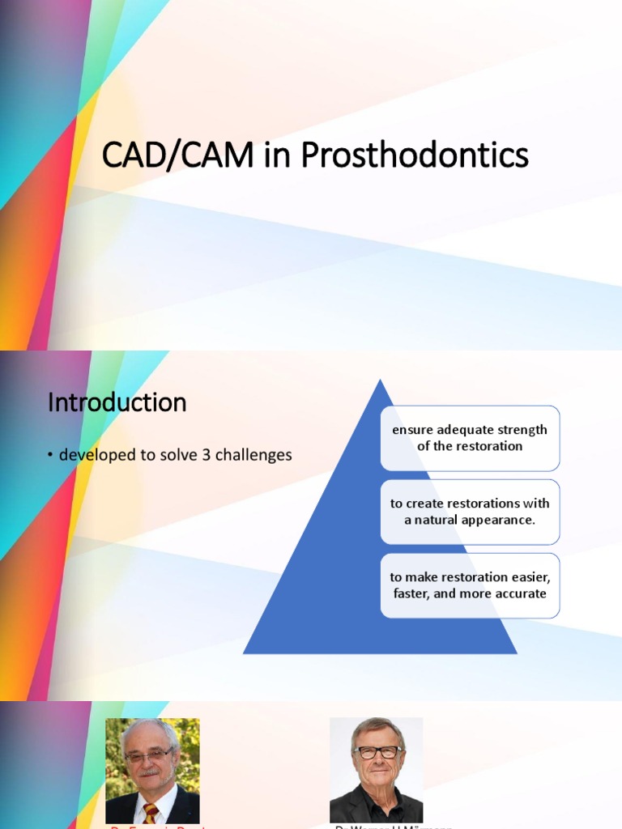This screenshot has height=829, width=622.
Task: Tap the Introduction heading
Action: [117, 402]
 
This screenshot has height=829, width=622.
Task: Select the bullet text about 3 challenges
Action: [175, 455]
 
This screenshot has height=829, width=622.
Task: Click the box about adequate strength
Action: [470, 438]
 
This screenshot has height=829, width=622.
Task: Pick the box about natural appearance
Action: [470, 512]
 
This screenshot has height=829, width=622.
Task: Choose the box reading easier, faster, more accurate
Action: [470, 585]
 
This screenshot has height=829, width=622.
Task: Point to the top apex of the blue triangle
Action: [380, 380]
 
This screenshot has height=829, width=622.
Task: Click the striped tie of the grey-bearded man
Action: [151, 813]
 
